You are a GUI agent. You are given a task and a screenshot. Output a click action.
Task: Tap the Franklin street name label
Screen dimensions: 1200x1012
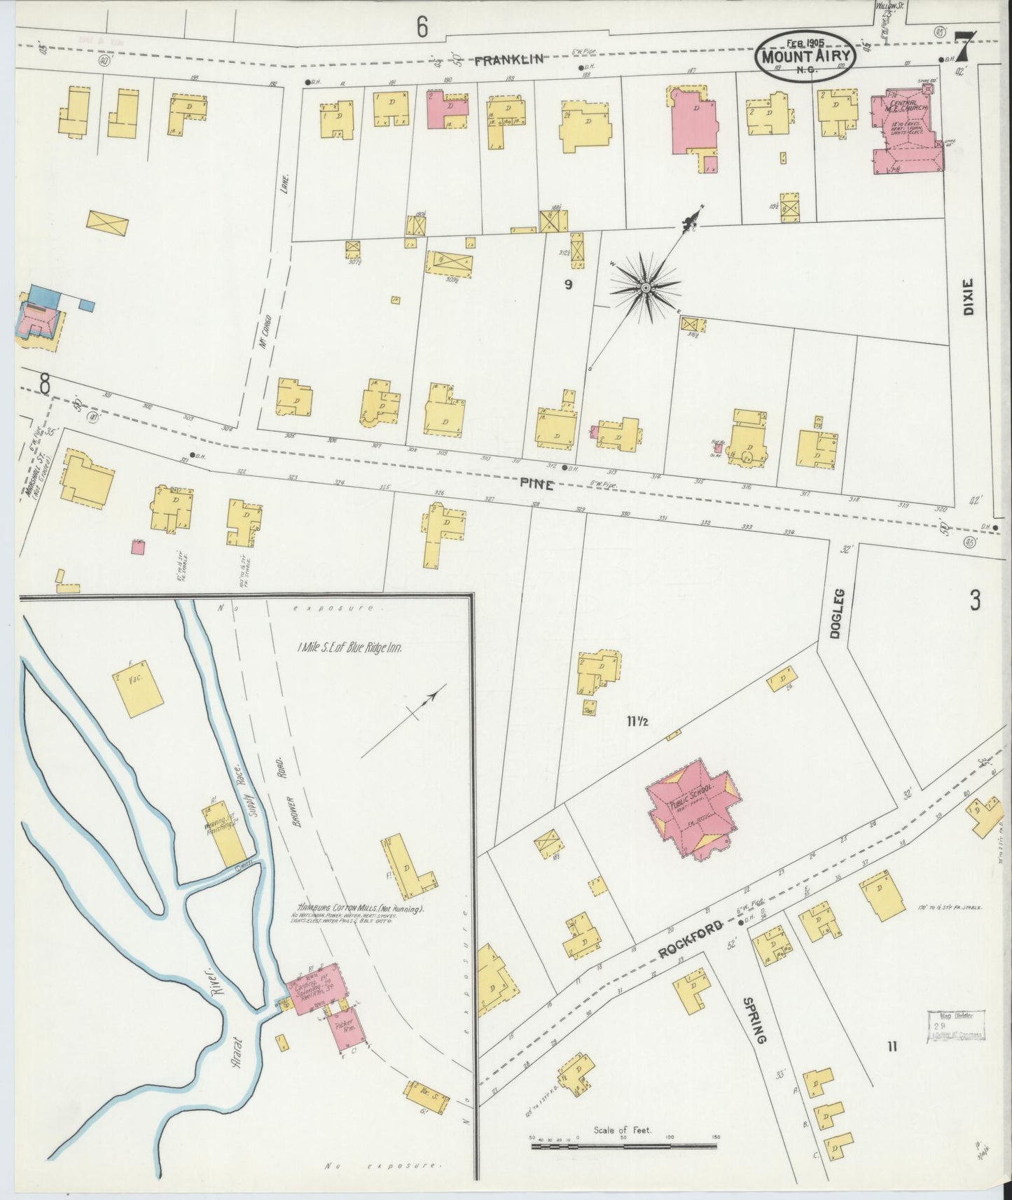tap(508, 60)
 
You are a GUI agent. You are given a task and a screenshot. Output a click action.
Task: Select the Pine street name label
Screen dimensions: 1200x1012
tap(537, 484)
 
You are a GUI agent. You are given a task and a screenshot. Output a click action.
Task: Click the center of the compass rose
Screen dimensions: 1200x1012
tap(646, 287)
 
